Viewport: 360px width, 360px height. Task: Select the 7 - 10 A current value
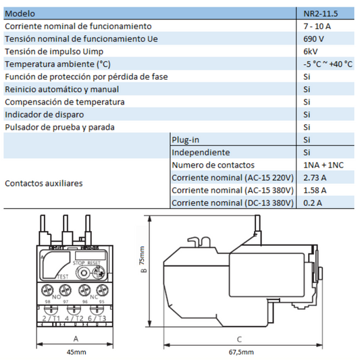[x=317, y=26]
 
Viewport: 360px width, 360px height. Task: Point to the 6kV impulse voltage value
[x=311, y=51]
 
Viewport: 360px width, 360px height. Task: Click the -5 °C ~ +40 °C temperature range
[x=328, y=64]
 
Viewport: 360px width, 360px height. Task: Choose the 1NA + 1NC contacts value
[x=322, y=165]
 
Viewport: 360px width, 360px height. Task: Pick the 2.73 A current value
[x=315, y=178]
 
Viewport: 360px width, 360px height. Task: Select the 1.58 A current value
[x=315, y=190]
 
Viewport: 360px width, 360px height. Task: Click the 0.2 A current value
[x=313, y=203]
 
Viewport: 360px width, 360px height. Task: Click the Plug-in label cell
[x=185, y=140]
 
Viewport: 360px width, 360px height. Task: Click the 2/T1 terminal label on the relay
[x=50, y=317]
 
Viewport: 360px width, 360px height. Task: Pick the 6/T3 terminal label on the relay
[x=98, y=317]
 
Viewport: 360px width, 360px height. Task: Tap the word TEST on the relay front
[x=61, y=276]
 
